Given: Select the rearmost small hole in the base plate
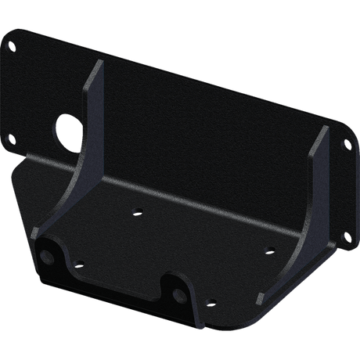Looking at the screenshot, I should coord(138,209).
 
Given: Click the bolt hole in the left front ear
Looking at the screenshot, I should coord(49,257).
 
